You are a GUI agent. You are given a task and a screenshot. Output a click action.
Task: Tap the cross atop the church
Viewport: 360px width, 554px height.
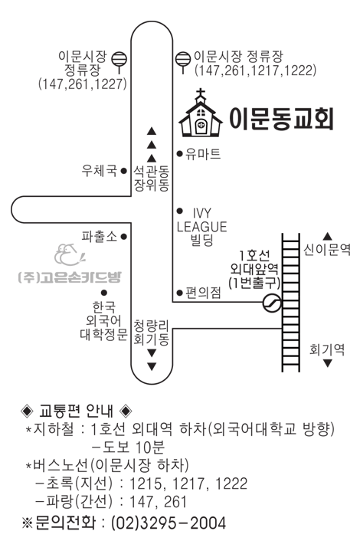click(x=201, y=93)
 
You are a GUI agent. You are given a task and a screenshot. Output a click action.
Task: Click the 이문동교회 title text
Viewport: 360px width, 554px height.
click(x=281, y=119)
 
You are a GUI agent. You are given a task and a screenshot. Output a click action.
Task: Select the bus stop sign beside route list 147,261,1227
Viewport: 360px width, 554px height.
click(x=119, y=61)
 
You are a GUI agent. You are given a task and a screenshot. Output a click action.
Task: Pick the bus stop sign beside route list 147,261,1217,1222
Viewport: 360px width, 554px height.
click(x=183, y=61)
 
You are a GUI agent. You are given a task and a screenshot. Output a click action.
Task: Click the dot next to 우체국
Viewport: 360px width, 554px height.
click(x=123, y=171)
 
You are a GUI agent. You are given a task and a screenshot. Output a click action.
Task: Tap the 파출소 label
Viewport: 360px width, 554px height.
click(x=100, y=236)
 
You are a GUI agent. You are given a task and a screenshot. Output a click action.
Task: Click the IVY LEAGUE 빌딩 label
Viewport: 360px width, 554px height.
click(x=201, y=227)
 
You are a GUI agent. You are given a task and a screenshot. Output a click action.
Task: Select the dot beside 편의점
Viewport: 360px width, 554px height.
click(x=180, y=293)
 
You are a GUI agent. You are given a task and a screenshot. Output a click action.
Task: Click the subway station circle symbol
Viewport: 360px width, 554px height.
click(x=273, y=303)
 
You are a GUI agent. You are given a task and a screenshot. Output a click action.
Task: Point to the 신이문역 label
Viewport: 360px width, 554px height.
click(x=327, y=250)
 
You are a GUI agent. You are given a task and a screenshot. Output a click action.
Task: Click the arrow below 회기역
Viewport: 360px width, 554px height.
click(x=328, y=363)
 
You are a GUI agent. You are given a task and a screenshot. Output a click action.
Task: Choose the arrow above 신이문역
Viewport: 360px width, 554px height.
click(x=328, y=236)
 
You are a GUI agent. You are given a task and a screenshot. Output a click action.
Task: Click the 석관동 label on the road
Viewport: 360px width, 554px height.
click(x=151, y=172)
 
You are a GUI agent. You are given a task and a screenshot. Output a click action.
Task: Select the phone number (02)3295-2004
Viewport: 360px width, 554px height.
click(x=169, y=523)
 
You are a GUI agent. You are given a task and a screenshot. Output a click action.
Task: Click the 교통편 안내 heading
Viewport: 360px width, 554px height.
click(x=76, y=411)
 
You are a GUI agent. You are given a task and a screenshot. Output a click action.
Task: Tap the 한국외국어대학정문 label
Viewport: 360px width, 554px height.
click(x=103, y=320)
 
